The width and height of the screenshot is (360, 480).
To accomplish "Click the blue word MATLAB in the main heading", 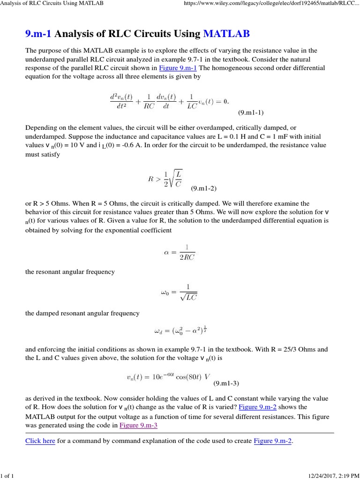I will pos(226,34).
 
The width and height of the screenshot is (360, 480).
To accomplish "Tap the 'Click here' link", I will pos(40,441).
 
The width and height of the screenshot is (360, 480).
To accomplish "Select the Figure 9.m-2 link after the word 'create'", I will pos(273,441).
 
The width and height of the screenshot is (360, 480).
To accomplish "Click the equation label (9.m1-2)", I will pos(204,188).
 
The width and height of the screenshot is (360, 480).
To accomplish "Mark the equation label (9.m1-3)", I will pos(226,383).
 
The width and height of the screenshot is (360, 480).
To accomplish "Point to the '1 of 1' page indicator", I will pos(8,476).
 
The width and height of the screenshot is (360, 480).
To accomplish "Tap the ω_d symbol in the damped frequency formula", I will pos(157,331).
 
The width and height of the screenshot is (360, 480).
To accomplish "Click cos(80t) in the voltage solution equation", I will pos(185,376).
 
